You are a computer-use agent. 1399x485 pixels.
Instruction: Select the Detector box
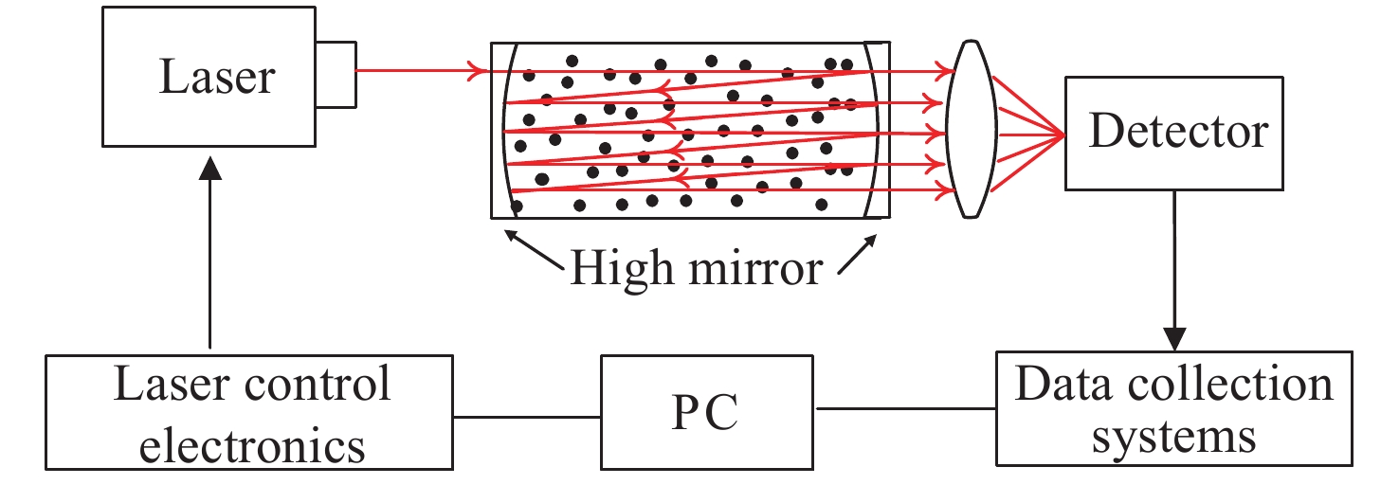[x=1176, y=133]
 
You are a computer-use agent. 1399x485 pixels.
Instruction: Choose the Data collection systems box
[x=1173, y=408]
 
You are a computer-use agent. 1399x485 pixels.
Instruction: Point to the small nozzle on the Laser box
[x=337, y=72]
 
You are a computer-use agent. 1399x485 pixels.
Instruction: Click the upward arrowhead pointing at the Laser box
[x=210, y=169]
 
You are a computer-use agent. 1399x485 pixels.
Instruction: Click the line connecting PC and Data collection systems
[x=906, y=410]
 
